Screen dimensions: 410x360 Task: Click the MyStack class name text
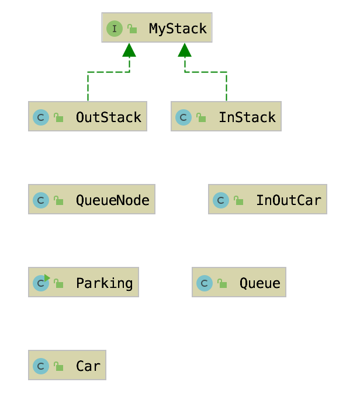[x=178, y=28]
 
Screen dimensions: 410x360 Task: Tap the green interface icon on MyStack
[x=114, y=28]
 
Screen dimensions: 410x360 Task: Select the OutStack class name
[x=108, y=117]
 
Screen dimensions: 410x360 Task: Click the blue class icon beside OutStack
[x=40, y=117]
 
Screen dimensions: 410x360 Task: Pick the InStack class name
[x=247, y=117]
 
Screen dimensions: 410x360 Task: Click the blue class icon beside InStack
[x=183, y=117]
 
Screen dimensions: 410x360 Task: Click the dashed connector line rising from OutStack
[x=88, y=88]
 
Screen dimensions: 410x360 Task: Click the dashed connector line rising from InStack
[x=226, y=88]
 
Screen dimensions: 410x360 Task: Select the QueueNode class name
[x=112, y=200]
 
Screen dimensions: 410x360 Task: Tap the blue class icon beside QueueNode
[x=40, y=200]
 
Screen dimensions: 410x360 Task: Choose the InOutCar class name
[x=288, y=200]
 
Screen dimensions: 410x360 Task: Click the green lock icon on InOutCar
[x=238, y=201]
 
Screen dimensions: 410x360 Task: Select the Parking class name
[x=104, y=283]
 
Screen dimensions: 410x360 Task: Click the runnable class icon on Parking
[x=41, y=283]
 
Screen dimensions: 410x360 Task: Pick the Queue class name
[x=259, y=283]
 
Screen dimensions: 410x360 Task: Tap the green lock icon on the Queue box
[x=222, y=284]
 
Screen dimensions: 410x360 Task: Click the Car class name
[x=88, y=366]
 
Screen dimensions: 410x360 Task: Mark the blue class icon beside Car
[x=40, y=366]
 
